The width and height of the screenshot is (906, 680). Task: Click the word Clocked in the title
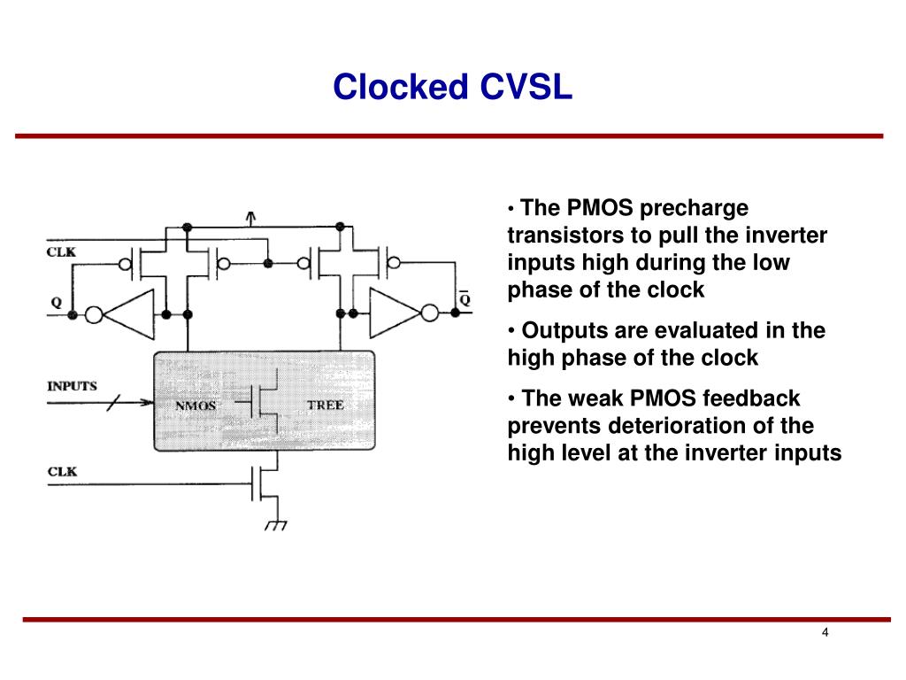tap(402, 87)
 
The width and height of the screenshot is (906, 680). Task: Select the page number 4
tap(825, 632)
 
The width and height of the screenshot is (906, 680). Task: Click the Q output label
tap(57, 302)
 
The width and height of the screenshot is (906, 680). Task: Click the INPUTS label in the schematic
tap(72, 387)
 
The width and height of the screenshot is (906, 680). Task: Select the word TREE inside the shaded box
tap(325, 406)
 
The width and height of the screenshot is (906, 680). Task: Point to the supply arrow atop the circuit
tap(251, 216)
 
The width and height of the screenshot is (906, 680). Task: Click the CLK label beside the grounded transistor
tap(62, 471)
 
